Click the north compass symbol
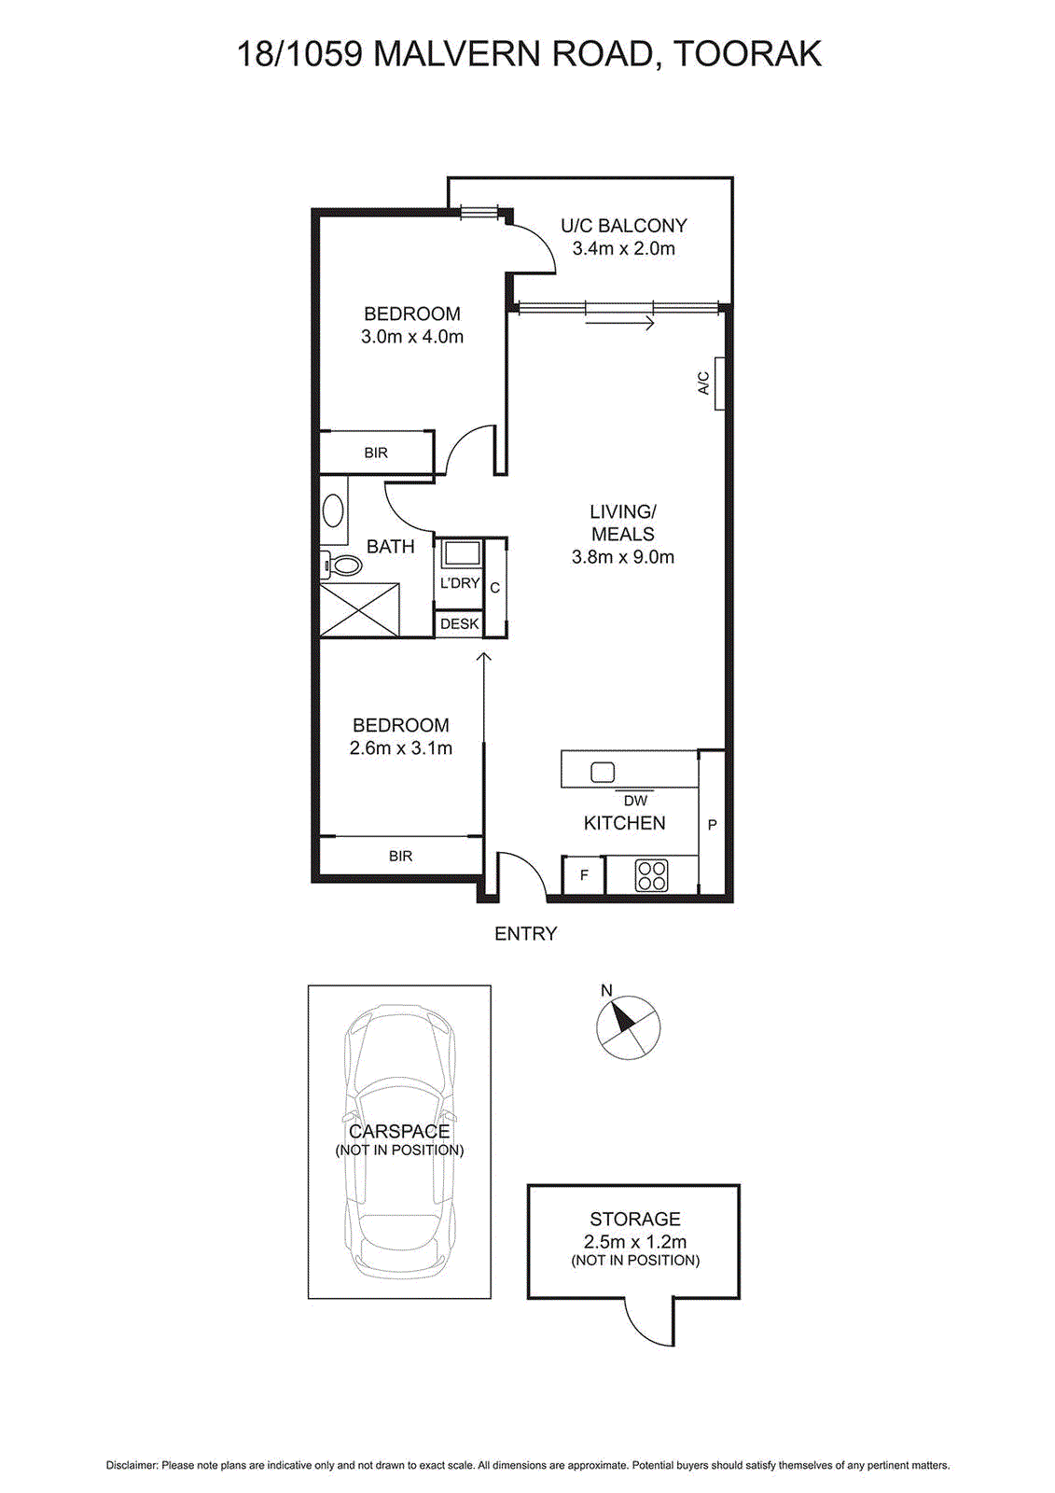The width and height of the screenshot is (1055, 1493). (628, 1028)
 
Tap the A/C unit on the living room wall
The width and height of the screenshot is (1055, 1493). (719, 384)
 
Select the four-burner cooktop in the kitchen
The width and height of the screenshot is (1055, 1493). (651, 875)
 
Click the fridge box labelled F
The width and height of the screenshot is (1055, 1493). (584, 875)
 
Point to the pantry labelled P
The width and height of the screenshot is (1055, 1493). (712, 824)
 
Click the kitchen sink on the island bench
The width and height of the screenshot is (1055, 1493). (603, 772)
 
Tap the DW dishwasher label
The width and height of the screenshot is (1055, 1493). (635, 801)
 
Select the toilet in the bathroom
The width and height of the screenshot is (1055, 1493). (343, 565)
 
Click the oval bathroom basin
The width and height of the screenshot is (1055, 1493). (333, 511)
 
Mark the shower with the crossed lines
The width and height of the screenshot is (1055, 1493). (360, 610)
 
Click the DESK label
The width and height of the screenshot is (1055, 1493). (459, 623)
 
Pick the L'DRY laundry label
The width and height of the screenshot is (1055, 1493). (459, 583)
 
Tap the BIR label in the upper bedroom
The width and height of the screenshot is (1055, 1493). (376, 453)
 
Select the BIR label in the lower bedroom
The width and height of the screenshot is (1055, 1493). (400, 856)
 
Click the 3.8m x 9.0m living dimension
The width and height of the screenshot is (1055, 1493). (622, 557)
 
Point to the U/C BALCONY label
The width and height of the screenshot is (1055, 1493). (623, 226)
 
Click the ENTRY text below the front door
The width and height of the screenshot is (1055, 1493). (525, 933)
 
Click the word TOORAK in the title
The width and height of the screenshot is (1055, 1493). (747, 54)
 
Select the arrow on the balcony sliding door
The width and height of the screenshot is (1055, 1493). (620, 323)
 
